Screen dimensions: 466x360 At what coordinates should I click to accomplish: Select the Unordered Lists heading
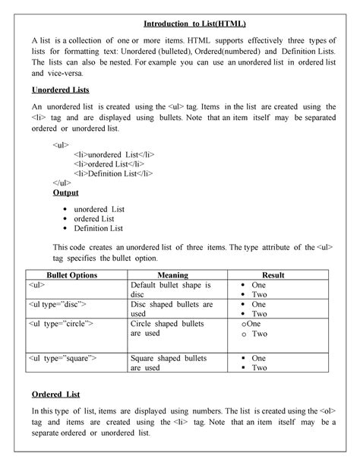click(59, 90)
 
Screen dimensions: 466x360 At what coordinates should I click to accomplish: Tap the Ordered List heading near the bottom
click(55, 395)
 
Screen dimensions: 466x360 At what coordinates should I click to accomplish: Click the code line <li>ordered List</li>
click(109, 163)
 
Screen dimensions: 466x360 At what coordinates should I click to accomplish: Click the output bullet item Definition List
click(99, 228)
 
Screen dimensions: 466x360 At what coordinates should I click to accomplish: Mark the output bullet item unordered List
click(99, 208)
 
